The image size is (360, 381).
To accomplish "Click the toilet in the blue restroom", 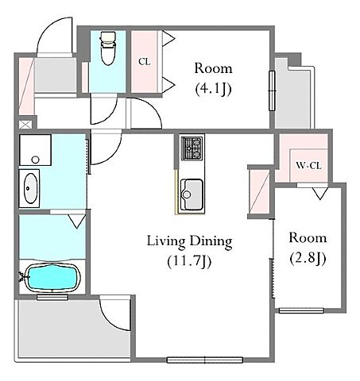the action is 108,48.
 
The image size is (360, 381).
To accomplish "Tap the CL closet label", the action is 145,62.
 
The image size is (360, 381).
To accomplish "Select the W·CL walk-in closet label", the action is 308,166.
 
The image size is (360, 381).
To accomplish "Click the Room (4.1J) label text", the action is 213,79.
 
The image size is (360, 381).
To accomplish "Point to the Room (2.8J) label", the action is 308,248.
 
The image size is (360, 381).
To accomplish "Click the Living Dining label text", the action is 190,241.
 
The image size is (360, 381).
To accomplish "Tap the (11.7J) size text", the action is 190,262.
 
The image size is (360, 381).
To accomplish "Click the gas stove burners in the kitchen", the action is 192,148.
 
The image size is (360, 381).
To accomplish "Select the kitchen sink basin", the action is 192,194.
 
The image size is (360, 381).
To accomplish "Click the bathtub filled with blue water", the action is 52,278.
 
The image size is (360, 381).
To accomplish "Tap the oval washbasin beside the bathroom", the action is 30,188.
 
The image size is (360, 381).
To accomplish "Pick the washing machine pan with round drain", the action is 35,150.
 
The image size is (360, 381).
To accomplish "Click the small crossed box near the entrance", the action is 25,125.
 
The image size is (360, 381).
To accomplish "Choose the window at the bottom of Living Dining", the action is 205,360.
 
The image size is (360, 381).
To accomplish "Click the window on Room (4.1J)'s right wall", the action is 272,90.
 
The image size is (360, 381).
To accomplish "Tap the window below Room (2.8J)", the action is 301,310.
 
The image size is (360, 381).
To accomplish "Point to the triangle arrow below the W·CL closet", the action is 319,194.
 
